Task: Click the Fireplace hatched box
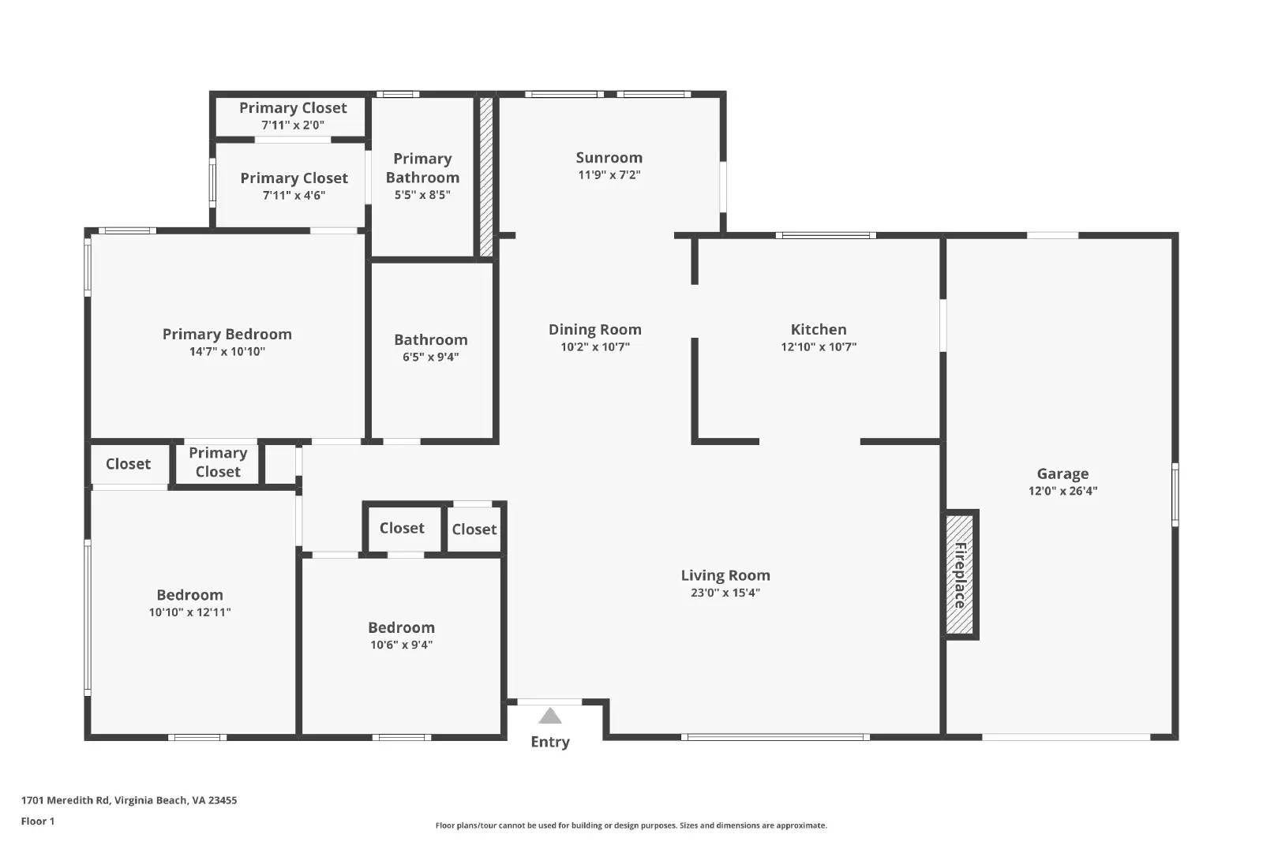960,574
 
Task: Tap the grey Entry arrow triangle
550,717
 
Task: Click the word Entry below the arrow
550,742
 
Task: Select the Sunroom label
609,158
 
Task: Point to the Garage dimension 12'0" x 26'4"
1062,491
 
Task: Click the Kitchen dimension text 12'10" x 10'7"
819,346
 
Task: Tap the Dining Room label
594,330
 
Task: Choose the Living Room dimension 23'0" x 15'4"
725,593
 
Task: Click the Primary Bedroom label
227,335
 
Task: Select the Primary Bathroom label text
422,168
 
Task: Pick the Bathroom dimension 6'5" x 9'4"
430,357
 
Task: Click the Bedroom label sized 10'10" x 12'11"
189,595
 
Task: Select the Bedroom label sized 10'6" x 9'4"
401,628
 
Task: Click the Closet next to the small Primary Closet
128,464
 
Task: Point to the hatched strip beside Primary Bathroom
486,177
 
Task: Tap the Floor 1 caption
38,821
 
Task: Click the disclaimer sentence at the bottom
631,825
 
